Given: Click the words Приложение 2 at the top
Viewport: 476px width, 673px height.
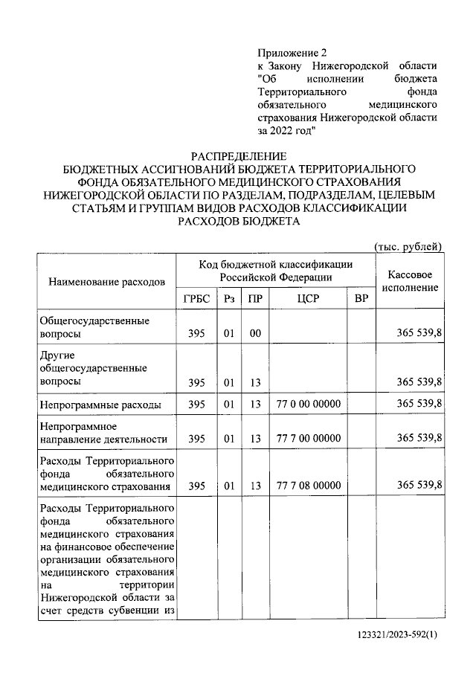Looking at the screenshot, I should (x=292, y=53).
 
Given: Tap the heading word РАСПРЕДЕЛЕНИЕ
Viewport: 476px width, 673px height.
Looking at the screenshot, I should (x=238, y=156).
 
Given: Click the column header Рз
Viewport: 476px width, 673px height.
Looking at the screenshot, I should (x=229, y=298).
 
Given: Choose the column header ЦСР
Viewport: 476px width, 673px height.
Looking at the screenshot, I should (x=308, y=298).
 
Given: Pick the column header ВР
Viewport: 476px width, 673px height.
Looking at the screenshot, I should (x=361, y=298).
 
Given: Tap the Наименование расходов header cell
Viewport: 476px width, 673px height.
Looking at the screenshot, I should (x=106, y=283).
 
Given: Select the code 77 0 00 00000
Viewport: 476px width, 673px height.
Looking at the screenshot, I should (x=308, y=404).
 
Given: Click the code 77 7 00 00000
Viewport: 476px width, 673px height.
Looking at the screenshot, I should (x=308, y=439).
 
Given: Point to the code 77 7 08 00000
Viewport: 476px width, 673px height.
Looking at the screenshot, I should (x=308, y=486).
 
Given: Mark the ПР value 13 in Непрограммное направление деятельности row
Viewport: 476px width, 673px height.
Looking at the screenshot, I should (x=255, y=439).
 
